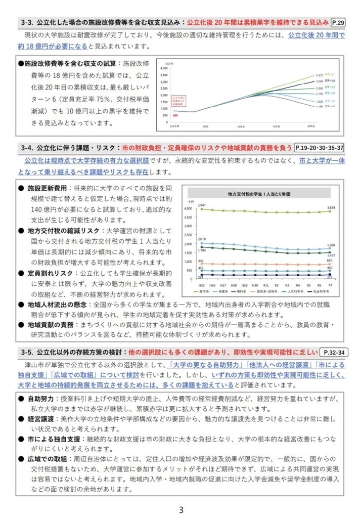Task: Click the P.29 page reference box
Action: coord(339,23)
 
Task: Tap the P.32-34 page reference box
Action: coord(334,352)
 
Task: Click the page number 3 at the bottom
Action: coord(180,510)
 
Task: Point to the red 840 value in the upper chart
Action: coord(175,116)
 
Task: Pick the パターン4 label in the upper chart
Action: coord(330,81)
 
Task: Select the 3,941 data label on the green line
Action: coord(202,205)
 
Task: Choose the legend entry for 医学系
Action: coord(203,292)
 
